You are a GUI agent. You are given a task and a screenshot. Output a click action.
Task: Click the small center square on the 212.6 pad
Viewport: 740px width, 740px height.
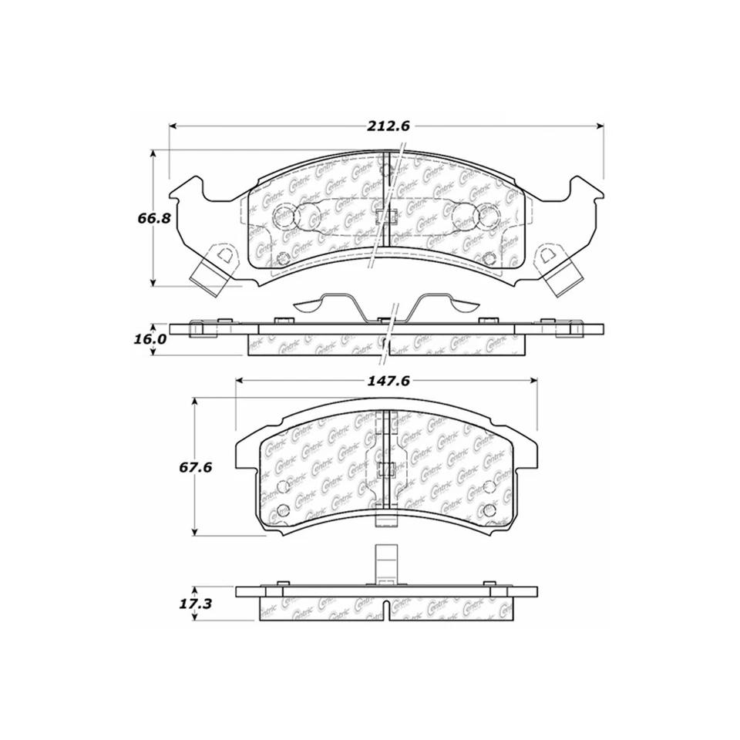[388, 217]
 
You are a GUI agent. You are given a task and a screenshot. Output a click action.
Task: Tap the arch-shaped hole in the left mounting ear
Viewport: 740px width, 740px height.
[224, 253]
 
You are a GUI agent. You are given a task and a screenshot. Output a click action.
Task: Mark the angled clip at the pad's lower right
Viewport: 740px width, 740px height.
[565, 276]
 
